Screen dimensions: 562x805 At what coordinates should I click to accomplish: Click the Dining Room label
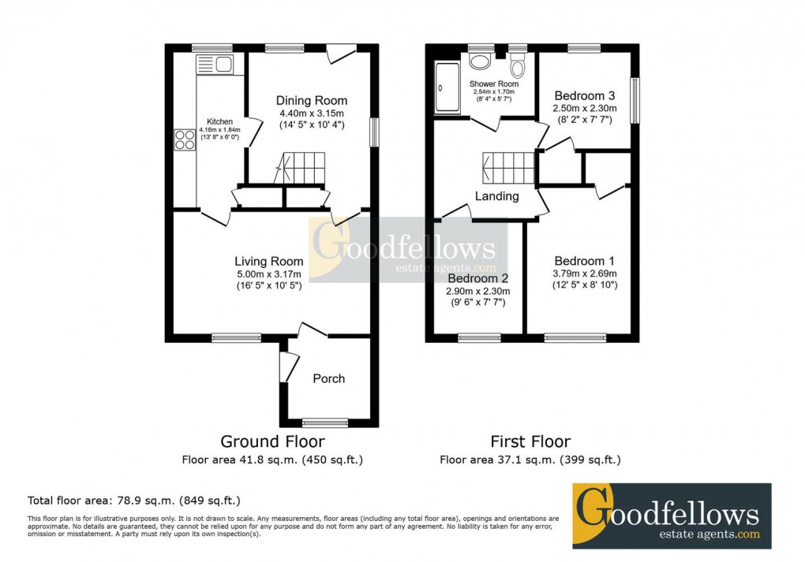pyautogui.click(x=311, y=100)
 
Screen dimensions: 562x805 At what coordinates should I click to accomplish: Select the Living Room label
pyautogui.click(x=268, y=262)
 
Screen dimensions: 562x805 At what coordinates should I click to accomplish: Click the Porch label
pyautogui.click(x=329, y=378)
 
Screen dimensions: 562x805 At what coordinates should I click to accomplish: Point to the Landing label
pyautogui.click(x=496, y=196)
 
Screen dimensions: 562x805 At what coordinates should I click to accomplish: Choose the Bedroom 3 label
pyautogui.click(x=585, y=95)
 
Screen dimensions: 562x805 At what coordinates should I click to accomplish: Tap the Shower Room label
pyautogui.click(x=494, y=84)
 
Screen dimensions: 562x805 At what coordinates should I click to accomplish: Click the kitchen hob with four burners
pyautogui.click(x=185, y=140)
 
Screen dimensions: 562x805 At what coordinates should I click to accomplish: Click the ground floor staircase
pyautogui.click(x=300, y=167)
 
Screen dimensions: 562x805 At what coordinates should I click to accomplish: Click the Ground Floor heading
pyautogui.click(x=271, y=441)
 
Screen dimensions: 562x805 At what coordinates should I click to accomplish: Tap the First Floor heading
pyautogui.click(x=530, y=441)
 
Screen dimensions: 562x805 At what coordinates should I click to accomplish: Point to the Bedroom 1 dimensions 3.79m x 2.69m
pyautogui.click(x=584, y=274)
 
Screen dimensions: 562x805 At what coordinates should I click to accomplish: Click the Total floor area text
pyautogui.click(x=133, y=500)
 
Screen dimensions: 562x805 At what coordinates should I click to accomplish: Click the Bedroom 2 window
pyautogui.click(x=479, y=338)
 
